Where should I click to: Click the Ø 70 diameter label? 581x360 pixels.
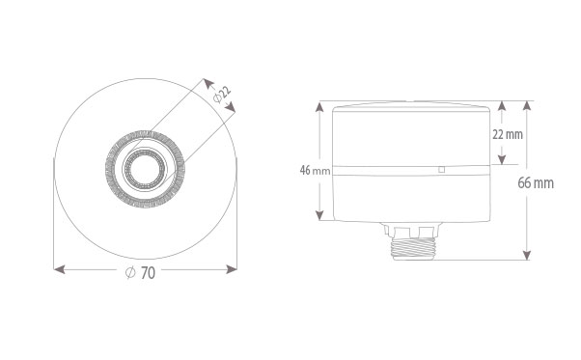tap(140, 273)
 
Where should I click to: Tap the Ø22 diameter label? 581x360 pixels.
tap(222, 95)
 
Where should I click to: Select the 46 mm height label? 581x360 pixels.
tap(315, 171)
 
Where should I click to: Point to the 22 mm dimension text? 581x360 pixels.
tap(508, 134)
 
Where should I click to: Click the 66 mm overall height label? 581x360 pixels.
tap(536, 183)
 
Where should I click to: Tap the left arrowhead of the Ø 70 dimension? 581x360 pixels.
tap(59, 269)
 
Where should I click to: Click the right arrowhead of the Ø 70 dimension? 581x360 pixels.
tap(232, 269)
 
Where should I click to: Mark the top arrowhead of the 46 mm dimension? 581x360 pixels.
tap(319, 107)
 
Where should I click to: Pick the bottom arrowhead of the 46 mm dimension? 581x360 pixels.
tap(319, 215)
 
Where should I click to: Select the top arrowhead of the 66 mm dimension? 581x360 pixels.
tap(527, 105)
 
